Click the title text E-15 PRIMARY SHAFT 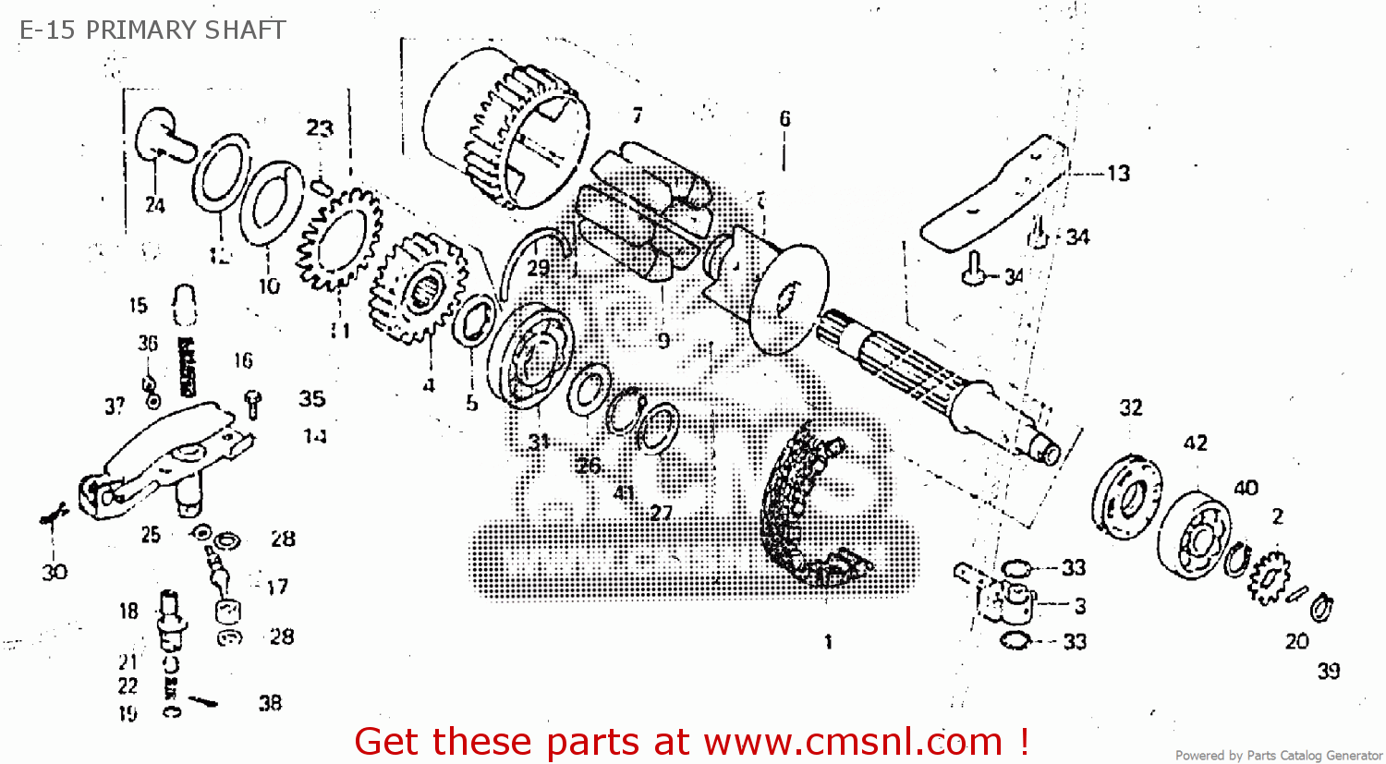pos(152,30)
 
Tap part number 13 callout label pos(1118,173)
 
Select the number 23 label pos(320,127)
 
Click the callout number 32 pos(1131,407)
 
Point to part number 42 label pos(1196,443)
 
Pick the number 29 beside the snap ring pos(538,268)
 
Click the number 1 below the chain pos(828,641)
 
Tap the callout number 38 pos(270,703)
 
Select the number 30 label pos(55,573)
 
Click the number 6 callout pos(784,118)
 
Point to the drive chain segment pos(804,508)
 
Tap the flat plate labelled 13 pos(993,194)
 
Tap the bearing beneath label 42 pos(1195,533)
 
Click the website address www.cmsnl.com pos(853,742)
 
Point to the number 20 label pos(1297,641)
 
